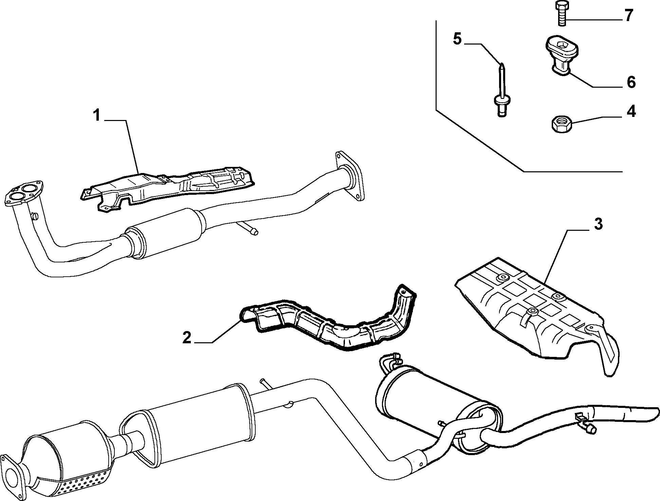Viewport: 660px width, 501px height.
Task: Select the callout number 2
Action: coord(187,338)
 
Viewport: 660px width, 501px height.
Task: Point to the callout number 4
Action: coord(631,111)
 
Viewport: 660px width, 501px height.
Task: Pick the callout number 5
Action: coord(457,39)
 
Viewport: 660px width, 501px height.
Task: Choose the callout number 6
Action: coord(631,82)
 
